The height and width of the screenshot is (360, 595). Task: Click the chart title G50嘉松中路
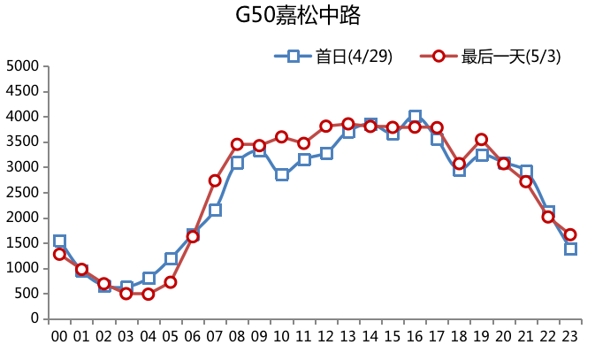tap(298, 16)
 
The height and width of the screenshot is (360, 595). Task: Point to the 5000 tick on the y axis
tap(23, 65)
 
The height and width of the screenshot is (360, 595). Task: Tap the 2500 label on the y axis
tap(23, 192)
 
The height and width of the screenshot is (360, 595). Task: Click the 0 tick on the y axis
tap(35, 318)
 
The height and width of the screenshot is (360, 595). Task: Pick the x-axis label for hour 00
tap(59, 336)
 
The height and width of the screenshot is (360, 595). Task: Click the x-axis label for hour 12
tap(325, 336)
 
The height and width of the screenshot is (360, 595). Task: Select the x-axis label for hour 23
tap(570, 336)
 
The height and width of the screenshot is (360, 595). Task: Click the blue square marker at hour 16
tap(415, 116)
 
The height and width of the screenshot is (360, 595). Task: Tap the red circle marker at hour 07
tap(215, 180)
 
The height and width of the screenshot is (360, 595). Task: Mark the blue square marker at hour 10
tap(281, 174)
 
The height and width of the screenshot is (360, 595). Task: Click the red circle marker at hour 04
tap(149, 294)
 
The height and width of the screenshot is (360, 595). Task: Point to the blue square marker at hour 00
tap(59, 241)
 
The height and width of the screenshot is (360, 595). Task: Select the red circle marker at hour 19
tap(481, 140)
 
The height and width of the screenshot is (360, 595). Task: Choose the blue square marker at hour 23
tap(570, 249)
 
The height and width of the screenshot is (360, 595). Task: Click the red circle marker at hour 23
tap(570, 234)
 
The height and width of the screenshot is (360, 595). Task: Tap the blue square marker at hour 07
tap(215, 210)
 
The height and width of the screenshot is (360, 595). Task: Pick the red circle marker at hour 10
tap(281, 137)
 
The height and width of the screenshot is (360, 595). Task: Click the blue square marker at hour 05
tap(171, 258)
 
